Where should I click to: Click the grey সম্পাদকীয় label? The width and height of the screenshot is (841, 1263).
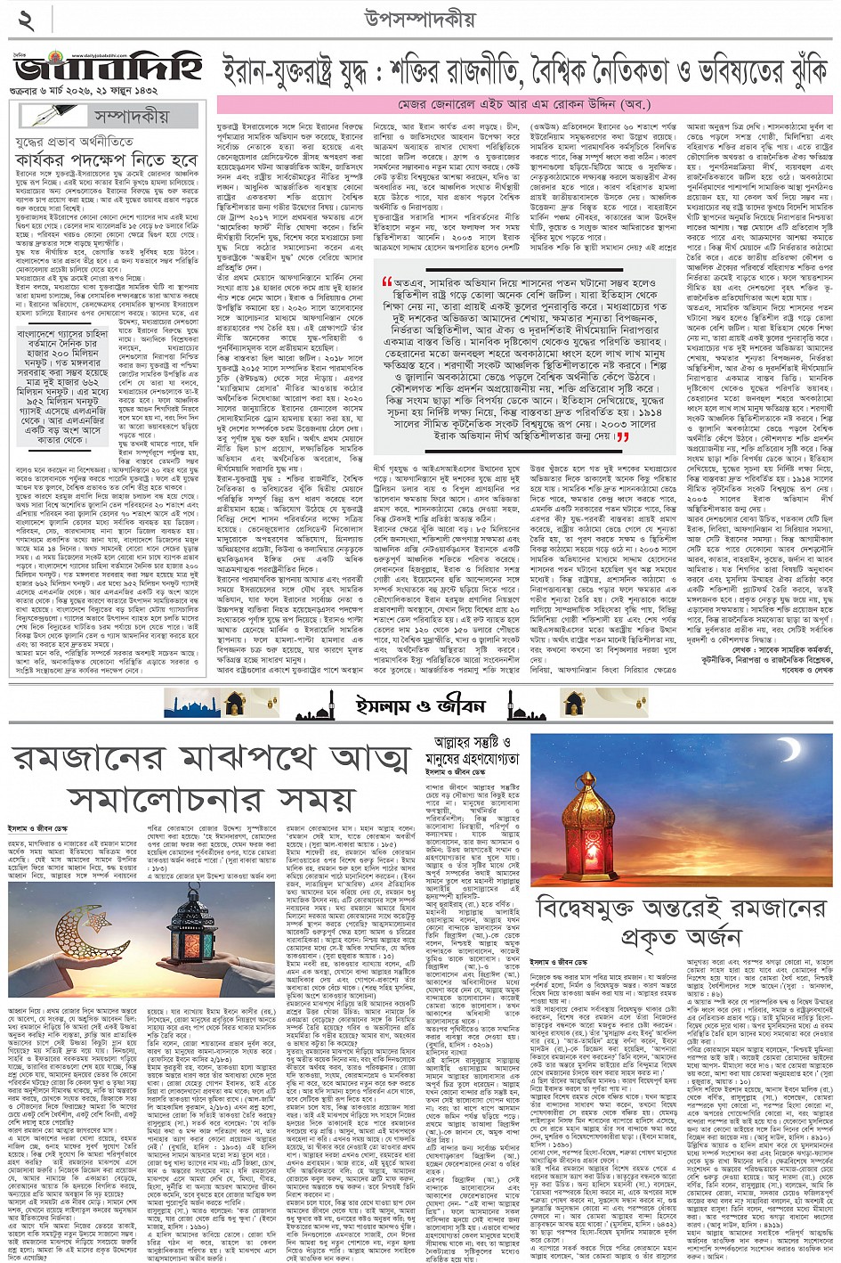(x=133, y=117)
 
